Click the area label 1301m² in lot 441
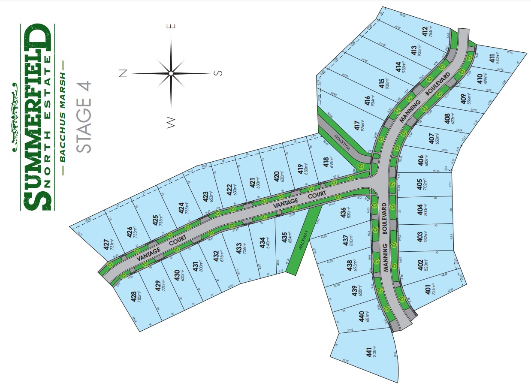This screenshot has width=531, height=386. (374, 352)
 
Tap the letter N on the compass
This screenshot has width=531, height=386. (124, 73)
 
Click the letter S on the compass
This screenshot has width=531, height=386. (219, 73)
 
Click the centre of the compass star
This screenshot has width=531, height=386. (171, 73)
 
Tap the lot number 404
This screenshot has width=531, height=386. (419, 210)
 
